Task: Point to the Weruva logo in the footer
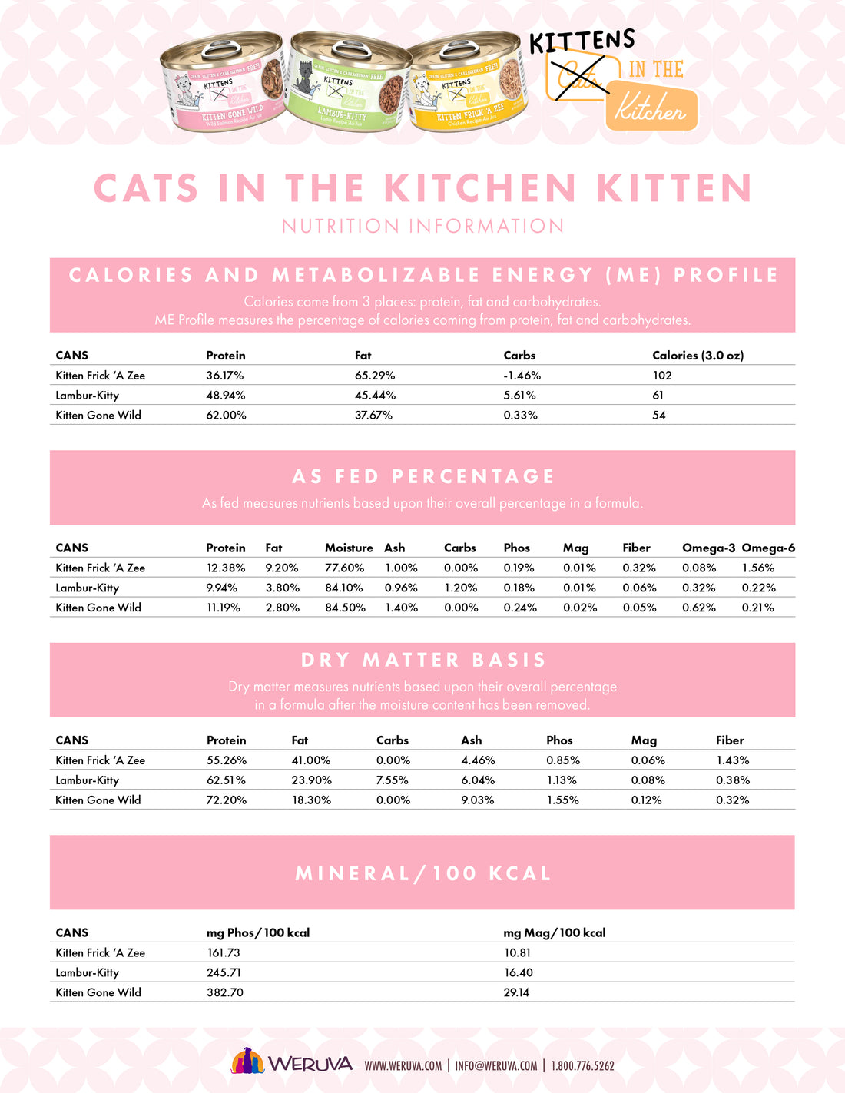(x=292, y=1063)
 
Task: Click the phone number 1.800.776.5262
(x=582, y=1066)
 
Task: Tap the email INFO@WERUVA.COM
(x=495, y=1066)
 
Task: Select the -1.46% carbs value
(x=522, y=376)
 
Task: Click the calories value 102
(x=662, y=376)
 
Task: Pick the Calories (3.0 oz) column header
(x=698, y=356)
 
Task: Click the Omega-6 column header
(x=768, y=548)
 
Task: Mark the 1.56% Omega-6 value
(x=758, y=568)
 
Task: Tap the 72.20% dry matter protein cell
(x=227, y=800)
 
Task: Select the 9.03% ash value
(x=477, y=800)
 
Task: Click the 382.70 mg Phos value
(x=225, y=992)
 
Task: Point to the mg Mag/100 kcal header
(x=555, y=933)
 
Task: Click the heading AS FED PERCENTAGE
(x=422, y=477)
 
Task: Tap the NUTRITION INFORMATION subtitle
(x=422, y=227)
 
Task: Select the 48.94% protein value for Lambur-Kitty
(x=226, y=396)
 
